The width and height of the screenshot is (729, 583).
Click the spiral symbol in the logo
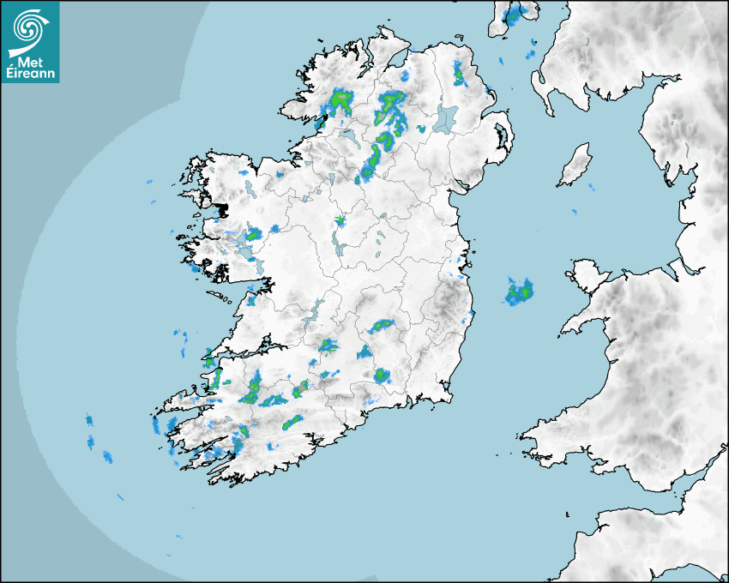pyautogui.click(x=29, y=28)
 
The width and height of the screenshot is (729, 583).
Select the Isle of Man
pyautogui.click(x=575, y=165)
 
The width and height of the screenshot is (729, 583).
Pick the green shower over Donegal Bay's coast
pyautogui.click(x=341, y=100)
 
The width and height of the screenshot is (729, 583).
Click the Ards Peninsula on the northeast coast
pyautogui.click(x=504, y=137)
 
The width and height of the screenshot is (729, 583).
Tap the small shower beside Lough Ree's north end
pyautogui.click(x=340, y=220)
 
